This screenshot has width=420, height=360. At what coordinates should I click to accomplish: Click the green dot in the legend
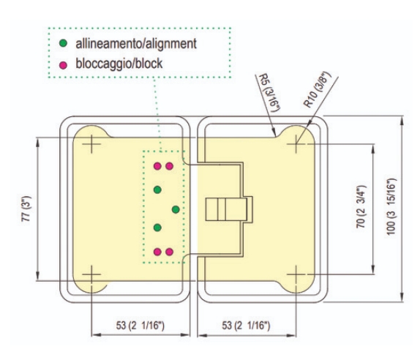(x=63, y=43)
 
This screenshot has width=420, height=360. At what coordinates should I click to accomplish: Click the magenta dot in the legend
(x=63, y=65)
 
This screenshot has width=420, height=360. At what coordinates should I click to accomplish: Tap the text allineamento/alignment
(x=136, y=44)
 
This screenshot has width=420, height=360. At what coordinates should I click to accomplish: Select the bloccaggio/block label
(x=119, y=64)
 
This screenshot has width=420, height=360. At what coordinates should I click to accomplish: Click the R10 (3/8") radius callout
(x=318, y=89)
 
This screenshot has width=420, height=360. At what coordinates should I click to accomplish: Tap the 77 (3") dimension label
(x=26, y=209)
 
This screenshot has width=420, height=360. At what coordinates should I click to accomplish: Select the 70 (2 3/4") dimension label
(x=361, y=206)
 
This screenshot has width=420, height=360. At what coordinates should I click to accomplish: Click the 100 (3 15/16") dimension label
(x=391, y=206)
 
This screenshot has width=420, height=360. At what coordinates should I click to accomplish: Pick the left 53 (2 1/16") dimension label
(x=140, y=326)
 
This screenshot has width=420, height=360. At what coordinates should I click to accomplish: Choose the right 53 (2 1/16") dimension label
(x=246, y=326)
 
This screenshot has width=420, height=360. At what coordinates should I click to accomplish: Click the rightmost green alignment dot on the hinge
(x=176, y=209)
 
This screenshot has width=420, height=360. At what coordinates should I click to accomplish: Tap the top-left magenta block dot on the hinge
(x=157, y=166)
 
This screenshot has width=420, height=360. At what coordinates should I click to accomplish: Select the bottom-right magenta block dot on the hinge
(x=169, y=252)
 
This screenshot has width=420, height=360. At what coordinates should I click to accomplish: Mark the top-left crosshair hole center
(x=91, y=144)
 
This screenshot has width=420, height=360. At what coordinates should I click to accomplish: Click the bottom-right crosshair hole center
(x=296, y=274)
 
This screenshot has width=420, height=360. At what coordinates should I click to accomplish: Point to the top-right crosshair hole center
(x=296, y=144)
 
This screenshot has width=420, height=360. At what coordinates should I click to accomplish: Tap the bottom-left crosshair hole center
(x=91, y=274)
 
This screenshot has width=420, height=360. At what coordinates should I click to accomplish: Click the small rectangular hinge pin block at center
(x=226, y=209)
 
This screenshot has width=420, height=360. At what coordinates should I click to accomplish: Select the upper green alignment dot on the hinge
(x=157, y=190)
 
